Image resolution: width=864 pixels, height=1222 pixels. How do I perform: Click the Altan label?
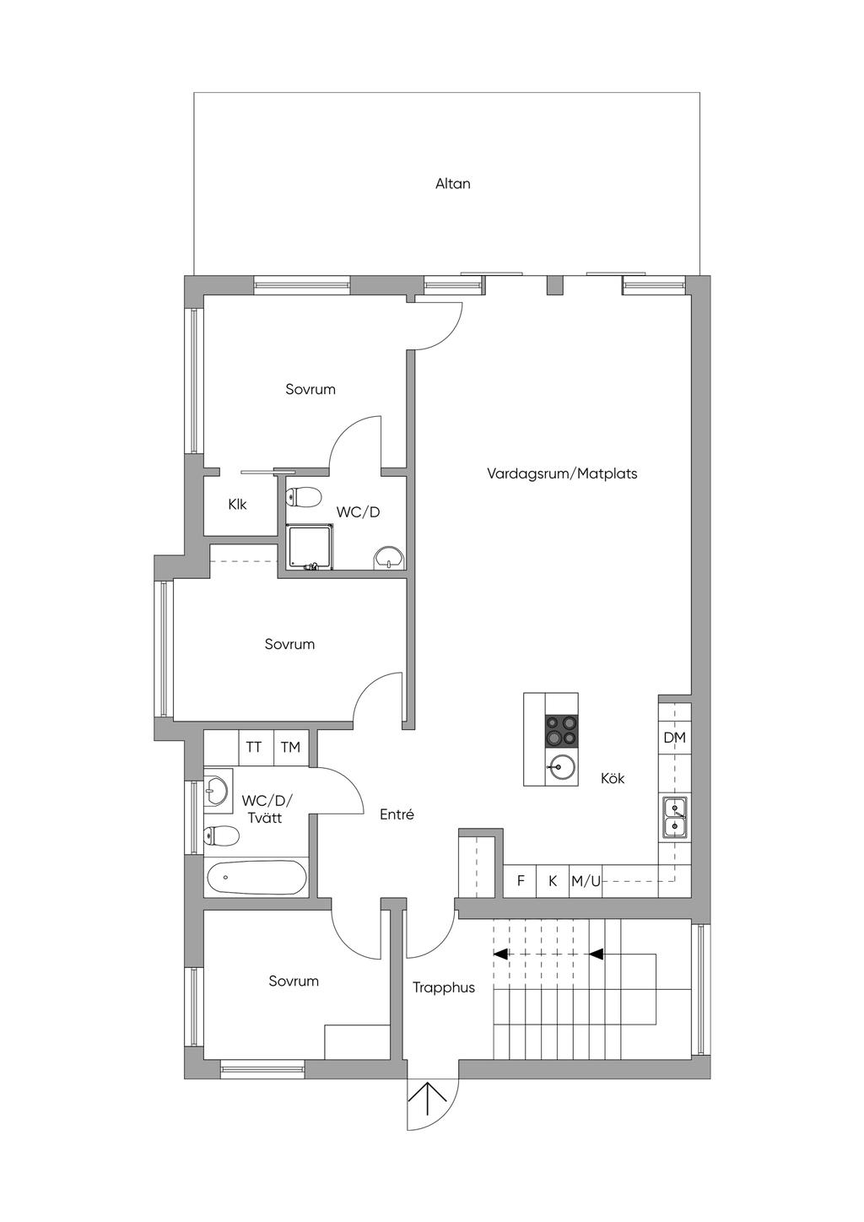pyautogui.click(x=453, y=184)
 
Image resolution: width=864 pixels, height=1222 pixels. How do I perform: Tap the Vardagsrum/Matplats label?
pyautogui.click(x=562, y=473)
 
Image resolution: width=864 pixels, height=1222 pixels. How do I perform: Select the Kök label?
pyautogui.click(x=613, y=778)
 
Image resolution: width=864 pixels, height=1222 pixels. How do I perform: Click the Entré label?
pyautogui.click(x=397, y=814)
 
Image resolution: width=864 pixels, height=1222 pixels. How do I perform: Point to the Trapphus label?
pyautogui.click(x=444, y=987)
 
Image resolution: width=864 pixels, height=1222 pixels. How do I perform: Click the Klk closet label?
pyautogui.click(x=237, y=505)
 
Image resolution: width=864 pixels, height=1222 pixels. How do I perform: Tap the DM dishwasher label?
pyautogui.click(x=675, y=738)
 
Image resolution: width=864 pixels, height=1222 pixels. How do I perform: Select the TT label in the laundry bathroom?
pyautogui.click(x=254, y=747)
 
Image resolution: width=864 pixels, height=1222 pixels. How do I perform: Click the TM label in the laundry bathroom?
pyautogui.click(x=291, y=747)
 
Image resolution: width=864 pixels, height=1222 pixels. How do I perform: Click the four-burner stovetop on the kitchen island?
pyautogui.click(x=562, y=732)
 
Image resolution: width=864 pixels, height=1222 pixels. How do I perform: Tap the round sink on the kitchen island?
pyautogui.click(x=562, y=768)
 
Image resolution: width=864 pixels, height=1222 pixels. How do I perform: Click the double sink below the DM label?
pyautogui.click(x=675, y=817)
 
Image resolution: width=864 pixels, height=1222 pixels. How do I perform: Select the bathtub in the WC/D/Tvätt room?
pyautogui.click(x=256, y=878)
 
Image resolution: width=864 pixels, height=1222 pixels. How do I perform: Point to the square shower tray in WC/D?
pyautogui.click(x=310, y=547)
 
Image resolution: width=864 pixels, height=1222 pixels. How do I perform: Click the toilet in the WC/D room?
pyautogui.click(x=303, y=496)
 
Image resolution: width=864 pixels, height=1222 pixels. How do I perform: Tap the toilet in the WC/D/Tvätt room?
pyautogui.click(x=221, y=835)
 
